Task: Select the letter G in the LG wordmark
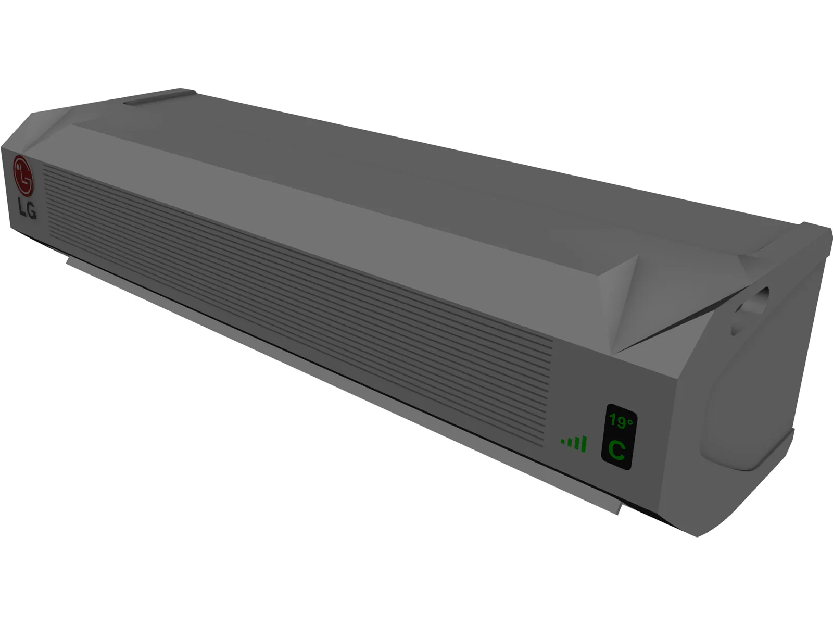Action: pos(32,211)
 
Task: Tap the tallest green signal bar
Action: pos(584,444)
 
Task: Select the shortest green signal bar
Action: pos(563,442)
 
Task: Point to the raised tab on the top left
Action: pos(159,97)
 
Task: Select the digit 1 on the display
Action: pos(613,421)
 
